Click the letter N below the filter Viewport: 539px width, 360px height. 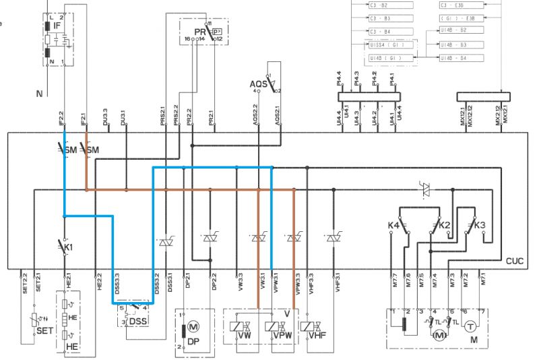39,93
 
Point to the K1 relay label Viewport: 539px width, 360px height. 68,247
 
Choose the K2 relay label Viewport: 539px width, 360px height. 445,224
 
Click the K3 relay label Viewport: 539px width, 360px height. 480,225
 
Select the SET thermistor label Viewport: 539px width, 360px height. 44,332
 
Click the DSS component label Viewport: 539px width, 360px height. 139,322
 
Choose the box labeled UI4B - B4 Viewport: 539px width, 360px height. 453,59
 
